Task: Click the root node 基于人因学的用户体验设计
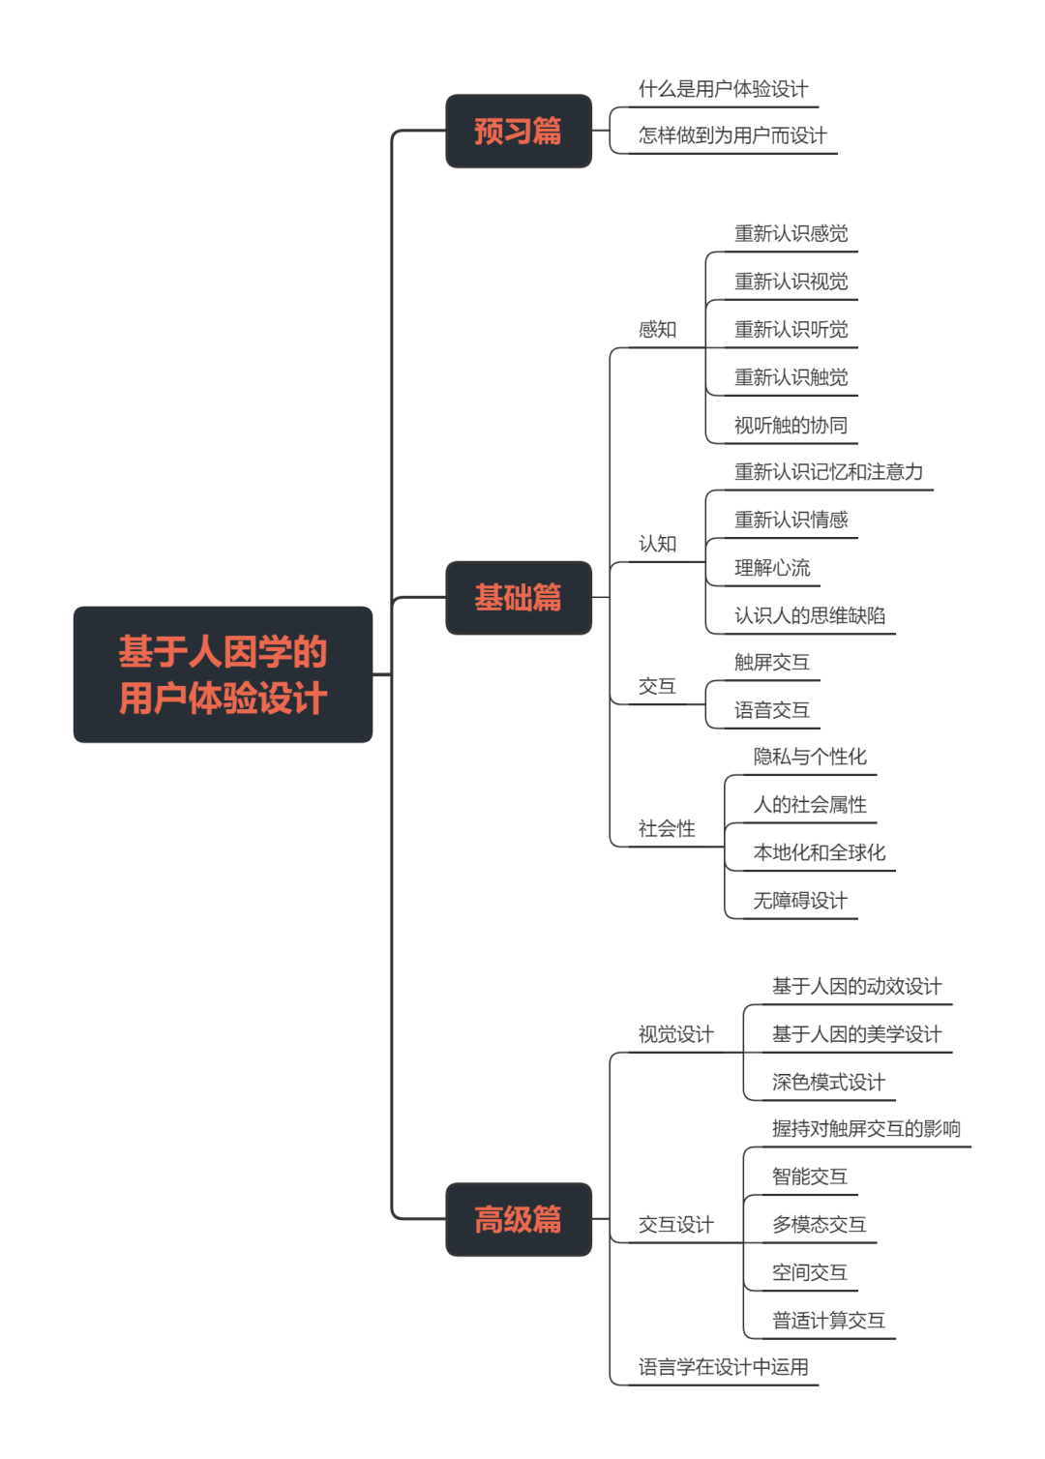coord(223,674)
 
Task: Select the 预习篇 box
coord(518,131)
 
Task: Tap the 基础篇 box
coord(518,598)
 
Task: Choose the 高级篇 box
coord(518,1219)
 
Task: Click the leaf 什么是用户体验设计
coord(723,89)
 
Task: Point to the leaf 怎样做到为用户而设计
coord(732,135)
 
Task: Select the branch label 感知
coord(657,330)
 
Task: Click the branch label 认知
coord(657,544)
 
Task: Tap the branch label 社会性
coord(667,829)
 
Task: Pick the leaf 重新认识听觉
coord(791,330)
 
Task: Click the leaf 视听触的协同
coord(791,426)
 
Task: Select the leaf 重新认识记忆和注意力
coord(828,472)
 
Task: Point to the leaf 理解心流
coord(772,568)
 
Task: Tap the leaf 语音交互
coord(771,710)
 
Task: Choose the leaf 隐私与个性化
coord(810,757)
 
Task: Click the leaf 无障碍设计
coord(800,901)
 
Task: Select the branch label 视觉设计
coord(675,1034)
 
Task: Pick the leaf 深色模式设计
coord(828,1082)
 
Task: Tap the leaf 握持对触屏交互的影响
coord(866,1129)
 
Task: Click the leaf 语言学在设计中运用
coord(723,1367)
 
